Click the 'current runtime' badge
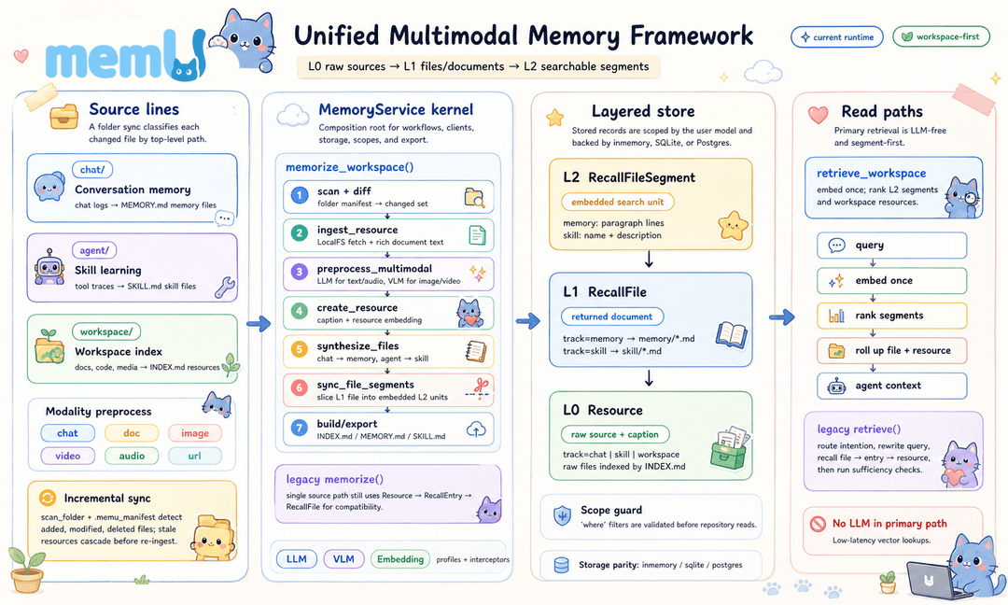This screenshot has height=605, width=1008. point(836,37)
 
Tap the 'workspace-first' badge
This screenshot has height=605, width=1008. point(942,36)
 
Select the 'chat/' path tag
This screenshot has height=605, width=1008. point(91,170)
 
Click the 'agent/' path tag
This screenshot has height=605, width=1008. point(94,250)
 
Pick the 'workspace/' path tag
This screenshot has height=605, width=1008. point(106,331)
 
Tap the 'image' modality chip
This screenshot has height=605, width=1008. point(195,433)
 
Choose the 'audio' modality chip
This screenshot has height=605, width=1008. point(132,456)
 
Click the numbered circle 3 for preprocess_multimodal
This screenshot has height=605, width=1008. point(299,273)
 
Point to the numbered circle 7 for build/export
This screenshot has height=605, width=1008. point(299,428)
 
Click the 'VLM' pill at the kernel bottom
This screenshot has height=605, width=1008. point(343,559)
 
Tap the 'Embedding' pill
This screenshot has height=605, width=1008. point(399,559)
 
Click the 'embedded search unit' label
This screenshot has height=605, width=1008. point(618,202)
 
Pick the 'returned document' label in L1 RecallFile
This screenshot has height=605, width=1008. point(612,317)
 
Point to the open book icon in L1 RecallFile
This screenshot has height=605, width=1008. point(732,335)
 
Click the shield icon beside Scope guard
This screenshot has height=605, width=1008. point(563,515)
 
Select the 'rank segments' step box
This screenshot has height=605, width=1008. point(891,316)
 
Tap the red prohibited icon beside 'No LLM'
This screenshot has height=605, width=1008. point(818,524)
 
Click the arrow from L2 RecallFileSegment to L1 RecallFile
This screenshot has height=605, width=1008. point(650,260)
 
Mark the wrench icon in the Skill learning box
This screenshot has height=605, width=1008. point(224,288)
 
